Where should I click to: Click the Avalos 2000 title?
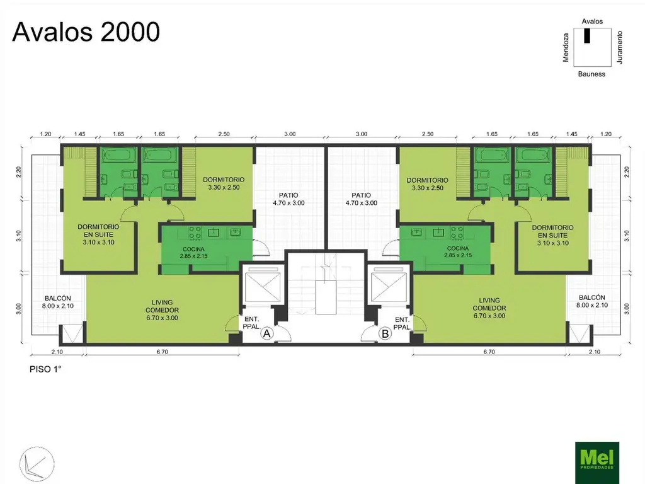86,32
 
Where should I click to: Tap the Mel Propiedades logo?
597,462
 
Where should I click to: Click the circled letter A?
266,333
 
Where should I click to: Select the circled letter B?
385,333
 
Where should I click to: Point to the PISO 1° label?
45,369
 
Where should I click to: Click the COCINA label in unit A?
193,249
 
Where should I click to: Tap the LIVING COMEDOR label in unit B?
489,304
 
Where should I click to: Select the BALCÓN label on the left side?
57,298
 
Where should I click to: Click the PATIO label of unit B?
361,195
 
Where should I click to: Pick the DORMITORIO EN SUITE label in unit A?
98,231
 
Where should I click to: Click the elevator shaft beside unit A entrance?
262,286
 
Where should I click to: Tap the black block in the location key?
587,35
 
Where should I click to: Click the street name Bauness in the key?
591,74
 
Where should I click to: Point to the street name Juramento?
620,47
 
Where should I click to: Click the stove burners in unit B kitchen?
457,233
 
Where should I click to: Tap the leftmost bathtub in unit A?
119,156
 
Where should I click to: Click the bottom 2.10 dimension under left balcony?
57,352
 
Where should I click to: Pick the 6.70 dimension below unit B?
489,352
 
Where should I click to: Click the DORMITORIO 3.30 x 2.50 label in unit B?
428,184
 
